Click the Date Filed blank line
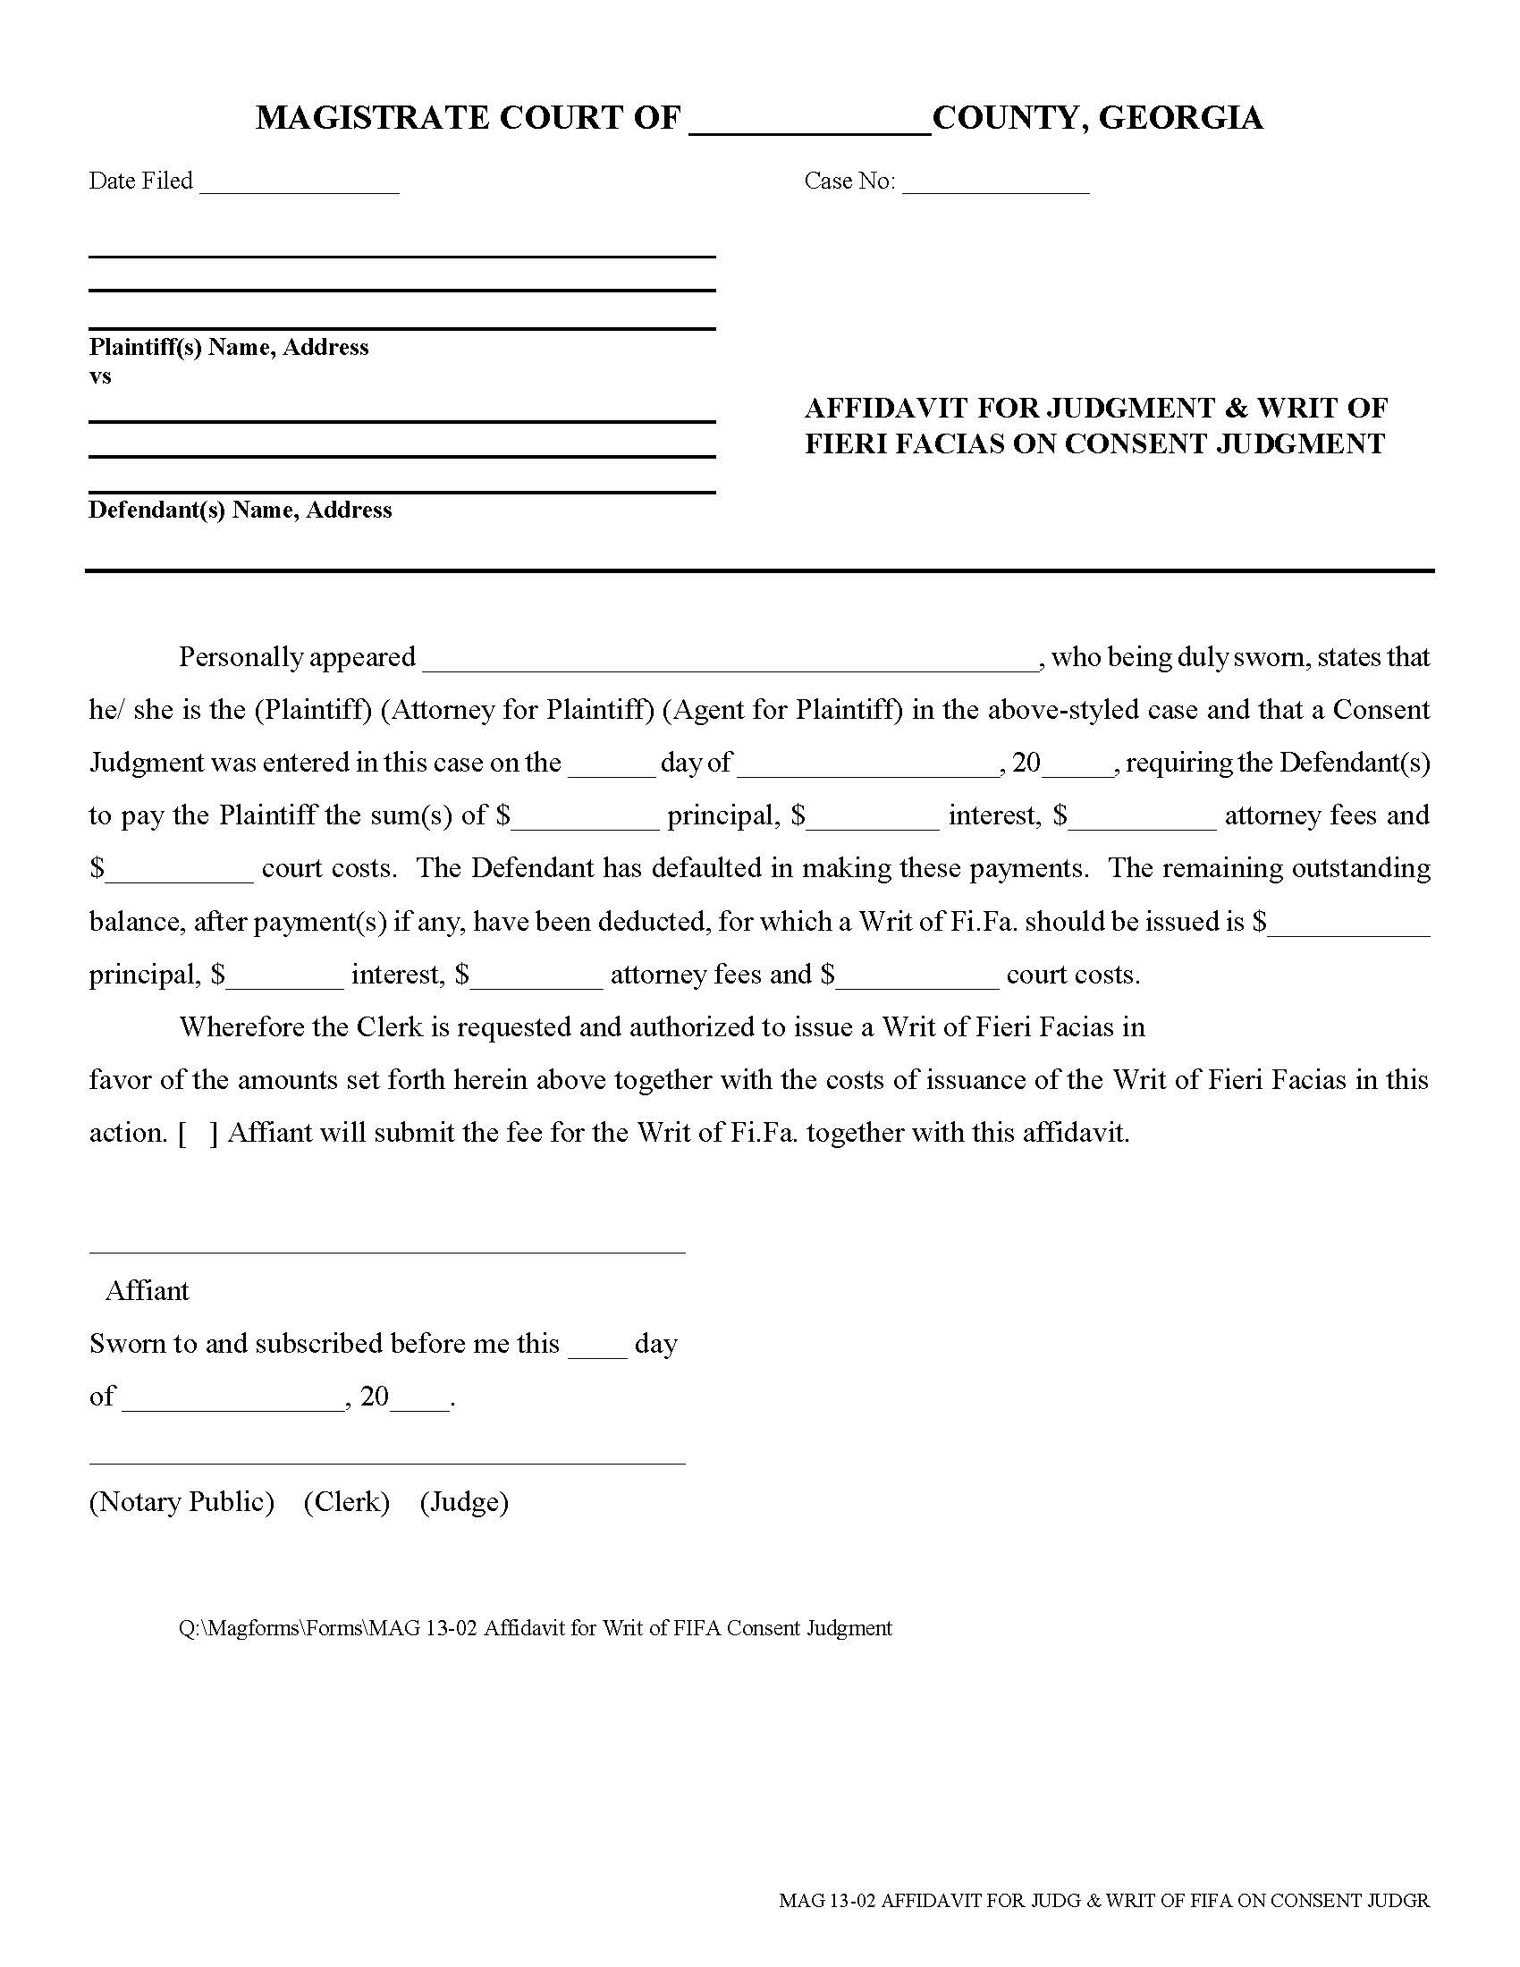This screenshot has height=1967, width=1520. click(299, 185)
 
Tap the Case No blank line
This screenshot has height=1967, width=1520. click(995, 185)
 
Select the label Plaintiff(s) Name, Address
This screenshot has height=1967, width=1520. click(229, 348)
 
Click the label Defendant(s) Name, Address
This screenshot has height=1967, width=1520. click(240, 511)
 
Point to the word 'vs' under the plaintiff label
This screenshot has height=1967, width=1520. click(100, 376)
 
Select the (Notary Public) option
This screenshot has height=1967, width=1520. click(182, 1502)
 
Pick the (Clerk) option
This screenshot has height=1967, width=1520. click(347, 1502)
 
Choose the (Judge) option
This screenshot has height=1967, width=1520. click(464, 1502)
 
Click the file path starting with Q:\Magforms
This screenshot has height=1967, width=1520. click(535, 1628)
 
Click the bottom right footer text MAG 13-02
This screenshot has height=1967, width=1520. click(1104, 1901)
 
